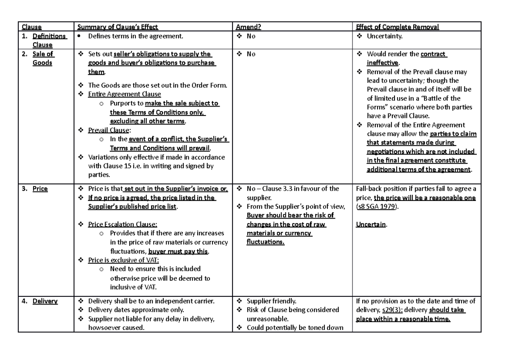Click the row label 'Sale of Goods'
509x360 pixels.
pyautogui.click(x=42, y=59)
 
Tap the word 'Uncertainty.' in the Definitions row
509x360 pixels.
pyautogui.click(x=385, y=37)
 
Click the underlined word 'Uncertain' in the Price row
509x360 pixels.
pyautogui.click(x=371, y=225)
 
